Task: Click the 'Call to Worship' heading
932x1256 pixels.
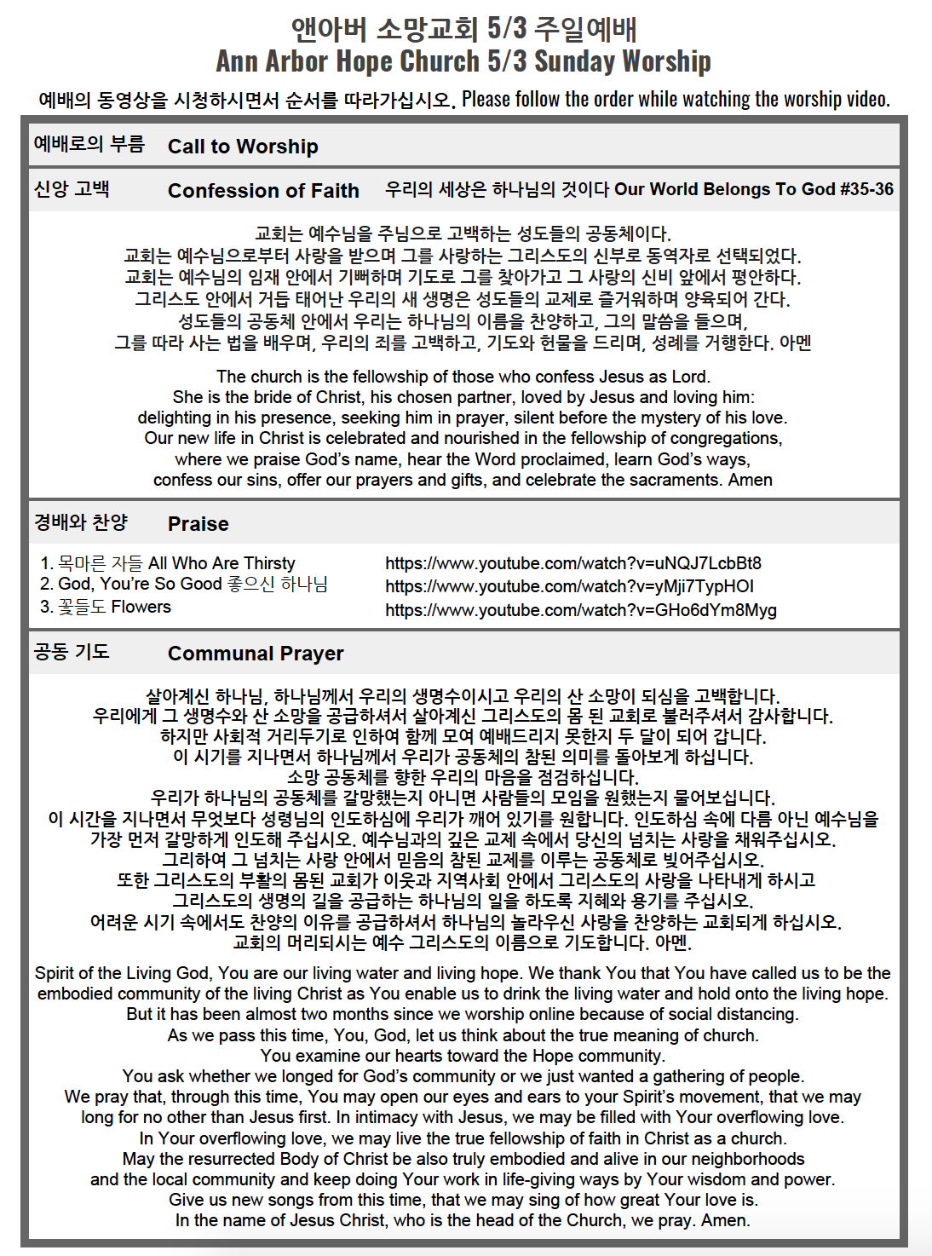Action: point(243,147)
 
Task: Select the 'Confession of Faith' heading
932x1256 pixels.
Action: point(263,191)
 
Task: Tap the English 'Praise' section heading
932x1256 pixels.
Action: point(198,524)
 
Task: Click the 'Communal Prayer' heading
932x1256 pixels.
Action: point(256,654)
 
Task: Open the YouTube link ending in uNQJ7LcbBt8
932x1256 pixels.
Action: point(572,563)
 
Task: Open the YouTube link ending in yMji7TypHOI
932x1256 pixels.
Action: point(569,586)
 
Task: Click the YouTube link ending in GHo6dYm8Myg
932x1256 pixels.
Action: point(580,610)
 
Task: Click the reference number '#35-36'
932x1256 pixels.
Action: point(866,189)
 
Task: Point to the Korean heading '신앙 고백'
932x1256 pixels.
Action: point(72,189)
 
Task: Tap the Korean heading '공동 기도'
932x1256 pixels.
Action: point(72,652)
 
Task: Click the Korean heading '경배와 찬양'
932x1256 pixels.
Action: point(81,522)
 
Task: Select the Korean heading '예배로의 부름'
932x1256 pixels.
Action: point(89,144)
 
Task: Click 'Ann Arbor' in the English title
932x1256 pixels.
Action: point(272,61)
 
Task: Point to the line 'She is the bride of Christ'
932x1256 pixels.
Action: point(463,397)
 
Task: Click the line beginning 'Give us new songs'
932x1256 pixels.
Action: point(463,1200)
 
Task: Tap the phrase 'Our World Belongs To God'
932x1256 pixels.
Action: point(723,189)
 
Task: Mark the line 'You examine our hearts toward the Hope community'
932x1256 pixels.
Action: point(463,1056)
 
